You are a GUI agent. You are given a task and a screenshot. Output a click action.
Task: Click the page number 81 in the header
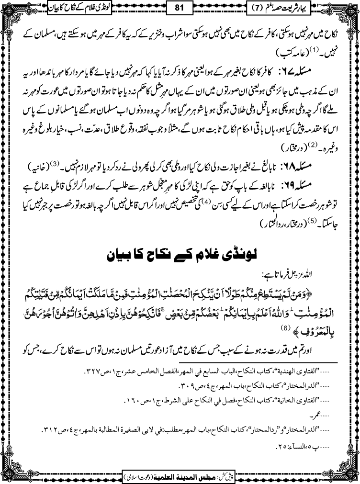(180, 9)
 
